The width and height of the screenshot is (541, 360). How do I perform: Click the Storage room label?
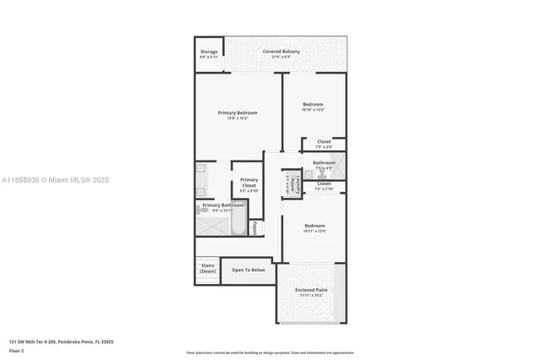coord(209,52)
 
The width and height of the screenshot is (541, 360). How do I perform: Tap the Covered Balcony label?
coord(281,52)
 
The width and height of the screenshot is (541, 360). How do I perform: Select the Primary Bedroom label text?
coord(237,112)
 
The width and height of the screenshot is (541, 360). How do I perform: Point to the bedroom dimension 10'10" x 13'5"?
coord(314,110)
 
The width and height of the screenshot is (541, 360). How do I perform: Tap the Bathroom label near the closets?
coord(324,162)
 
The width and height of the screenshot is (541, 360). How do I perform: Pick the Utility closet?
coord(254,228)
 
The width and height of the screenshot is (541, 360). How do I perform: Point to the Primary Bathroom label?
coord(223,205)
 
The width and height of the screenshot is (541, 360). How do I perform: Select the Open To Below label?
coord(249,270)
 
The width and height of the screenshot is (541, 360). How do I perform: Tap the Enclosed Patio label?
coord(311,290)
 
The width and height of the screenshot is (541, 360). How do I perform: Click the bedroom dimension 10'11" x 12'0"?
coord(314,231)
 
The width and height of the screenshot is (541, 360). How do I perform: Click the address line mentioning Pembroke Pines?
coord(62,342)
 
